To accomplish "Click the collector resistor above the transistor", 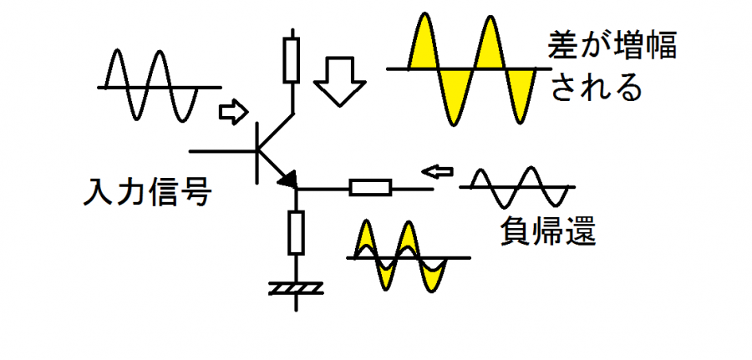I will pos(291,58).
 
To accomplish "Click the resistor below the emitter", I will pos(296,231).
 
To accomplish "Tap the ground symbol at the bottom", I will pos(296,289).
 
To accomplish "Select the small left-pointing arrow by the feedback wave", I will pos(436,171).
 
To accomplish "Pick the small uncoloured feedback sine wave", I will pos(519,187).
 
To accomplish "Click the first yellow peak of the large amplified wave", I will pos(425,42).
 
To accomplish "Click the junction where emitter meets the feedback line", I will pos(296,188).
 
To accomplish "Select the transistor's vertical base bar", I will pos(257,150).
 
